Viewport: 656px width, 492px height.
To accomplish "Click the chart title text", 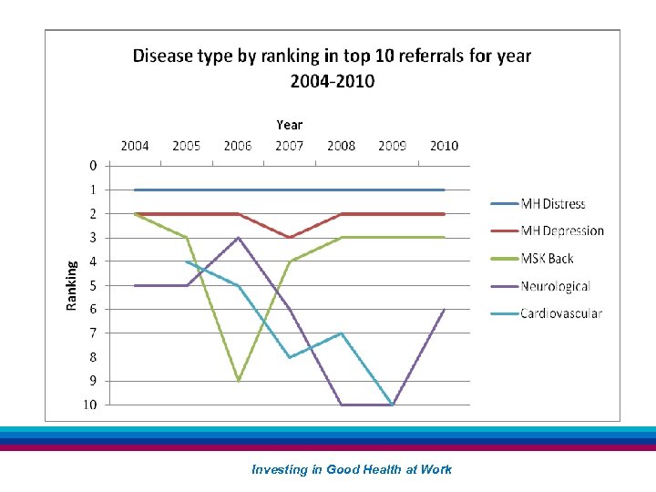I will point(332,67).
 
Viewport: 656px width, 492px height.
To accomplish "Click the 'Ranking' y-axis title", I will point(72,284).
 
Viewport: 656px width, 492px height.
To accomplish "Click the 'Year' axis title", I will point(289,125).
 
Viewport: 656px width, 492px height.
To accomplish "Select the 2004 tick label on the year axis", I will point(135,146).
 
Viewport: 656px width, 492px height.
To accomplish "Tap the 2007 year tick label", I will point(290,146).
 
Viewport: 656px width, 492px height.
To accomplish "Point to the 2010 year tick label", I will point(444,146).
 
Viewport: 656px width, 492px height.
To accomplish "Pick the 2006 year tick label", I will point(238,146).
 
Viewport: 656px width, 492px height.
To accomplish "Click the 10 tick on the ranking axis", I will point(92,405).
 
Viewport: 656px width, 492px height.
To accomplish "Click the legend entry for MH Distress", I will point(552,204).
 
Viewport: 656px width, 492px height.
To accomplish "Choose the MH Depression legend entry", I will point(561,231).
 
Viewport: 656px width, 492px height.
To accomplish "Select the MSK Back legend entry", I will point(547,259).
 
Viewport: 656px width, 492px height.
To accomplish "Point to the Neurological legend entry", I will point(555,286).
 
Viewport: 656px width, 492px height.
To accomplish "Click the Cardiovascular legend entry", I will point(560,313).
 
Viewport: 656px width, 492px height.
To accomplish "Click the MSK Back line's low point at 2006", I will point(238,381).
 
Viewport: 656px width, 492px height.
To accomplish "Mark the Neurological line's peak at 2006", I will point(238,238).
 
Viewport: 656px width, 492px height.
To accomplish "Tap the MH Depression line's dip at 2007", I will point(290,238).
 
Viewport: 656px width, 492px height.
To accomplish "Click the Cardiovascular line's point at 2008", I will point(341,333).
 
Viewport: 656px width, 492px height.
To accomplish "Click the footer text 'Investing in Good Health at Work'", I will point(352,469).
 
